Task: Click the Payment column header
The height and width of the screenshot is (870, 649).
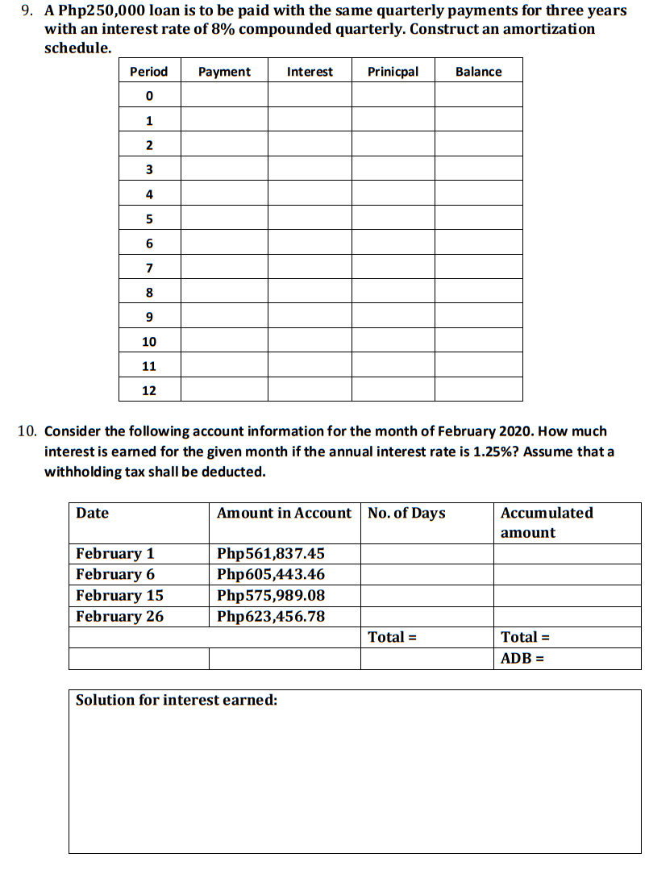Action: coord(224,72)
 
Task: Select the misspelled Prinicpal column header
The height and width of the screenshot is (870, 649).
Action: coord(393,72)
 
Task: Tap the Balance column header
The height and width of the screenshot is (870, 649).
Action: coord(478,72)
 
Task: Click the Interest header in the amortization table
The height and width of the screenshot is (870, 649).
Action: coord(310,72)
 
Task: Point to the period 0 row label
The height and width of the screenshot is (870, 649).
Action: coord(149,96)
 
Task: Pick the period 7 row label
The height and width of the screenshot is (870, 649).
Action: coord(149,268)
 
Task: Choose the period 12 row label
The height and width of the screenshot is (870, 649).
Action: coord(149,390)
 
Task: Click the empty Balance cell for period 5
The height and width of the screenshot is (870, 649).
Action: coord(478,219)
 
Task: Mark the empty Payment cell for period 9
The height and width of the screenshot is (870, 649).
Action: coord(224,317)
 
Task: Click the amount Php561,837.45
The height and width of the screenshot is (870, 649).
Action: coord(271,554)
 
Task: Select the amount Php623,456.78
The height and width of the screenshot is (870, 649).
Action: coord(271,617)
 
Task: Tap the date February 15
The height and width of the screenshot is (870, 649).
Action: coord(119,596)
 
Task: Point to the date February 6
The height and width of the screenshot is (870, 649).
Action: coord(115,575)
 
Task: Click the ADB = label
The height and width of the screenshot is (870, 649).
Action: coord(522,659)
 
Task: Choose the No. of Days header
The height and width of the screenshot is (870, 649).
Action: coord(406,514)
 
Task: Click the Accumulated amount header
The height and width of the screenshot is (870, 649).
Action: coord(547,522)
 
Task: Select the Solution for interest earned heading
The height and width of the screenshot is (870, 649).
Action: coord(177,700)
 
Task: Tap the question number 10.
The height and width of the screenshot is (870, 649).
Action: coord(27,432)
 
